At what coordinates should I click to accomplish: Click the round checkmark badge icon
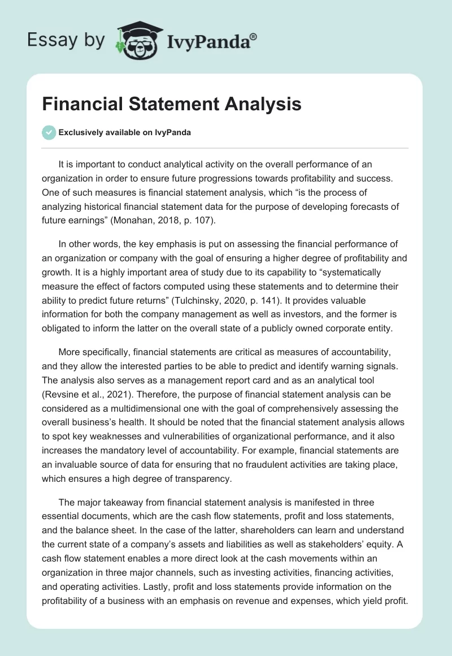coord(49,132)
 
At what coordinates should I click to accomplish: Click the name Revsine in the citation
coord(63,394)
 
